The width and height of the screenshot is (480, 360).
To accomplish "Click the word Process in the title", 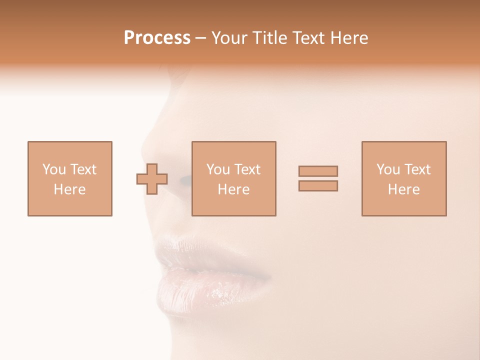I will coord(157,38).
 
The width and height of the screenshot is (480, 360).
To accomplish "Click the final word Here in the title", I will coord(349,38).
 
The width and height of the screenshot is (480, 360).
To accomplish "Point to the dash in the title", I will coord(201,38).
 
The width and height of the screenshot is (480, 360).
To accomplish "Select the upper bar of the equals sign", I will coord(318,171).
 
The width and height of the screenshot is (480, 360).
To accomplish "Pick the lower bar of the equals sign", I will coord(318,186).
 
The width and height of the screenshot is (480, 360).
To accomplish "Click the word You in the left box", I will coord(54,169).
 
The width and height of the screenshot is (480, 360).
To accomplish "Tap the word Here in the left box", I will coord(69,189).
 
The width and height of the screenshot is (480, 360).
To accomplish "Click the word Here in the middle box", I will coord(233,189).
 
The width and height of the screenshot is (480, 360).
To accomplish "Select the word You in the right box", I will coord(388,169).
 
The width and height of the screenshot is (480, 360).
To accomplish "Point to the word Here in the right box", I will coord(403,189).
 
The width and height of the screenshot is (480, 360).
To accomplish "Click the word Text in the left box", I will coord(83,169).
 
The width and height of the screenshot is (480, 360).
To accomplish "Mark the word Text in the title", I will coord(305,38).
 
